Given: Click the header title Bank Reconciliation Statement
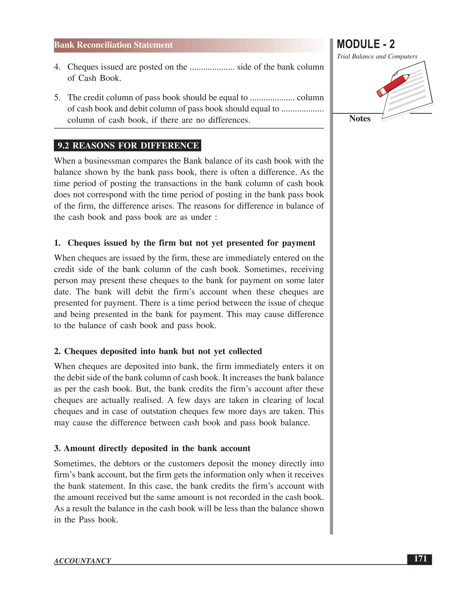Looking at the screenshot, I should (x=113, y=45).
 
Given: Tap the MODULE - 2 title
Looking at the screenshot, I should (x=366, y=44).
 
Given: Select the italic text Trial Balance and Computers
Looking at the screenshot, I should (x=377, y=56).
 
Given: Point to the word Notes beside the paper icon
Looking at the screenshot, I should (x=359, y=119).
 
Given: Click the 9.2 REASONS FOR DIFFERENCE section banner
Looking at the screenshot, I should (x=128, y=145).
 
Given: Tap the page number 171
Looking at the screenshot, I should (x=420, y=559).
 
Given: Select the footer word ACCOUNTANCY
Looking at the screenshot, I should (x=82, y=561).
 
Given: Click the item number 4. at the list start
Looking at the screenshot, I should (x=57, y=67).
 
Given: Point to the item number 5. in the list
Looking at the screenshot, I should (x=57, y=98).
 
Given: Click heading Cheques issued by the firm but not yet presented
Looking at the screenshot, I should (x=191, y=243).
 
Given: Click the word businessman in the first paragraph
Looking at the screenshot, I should (x=107, y=161).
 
